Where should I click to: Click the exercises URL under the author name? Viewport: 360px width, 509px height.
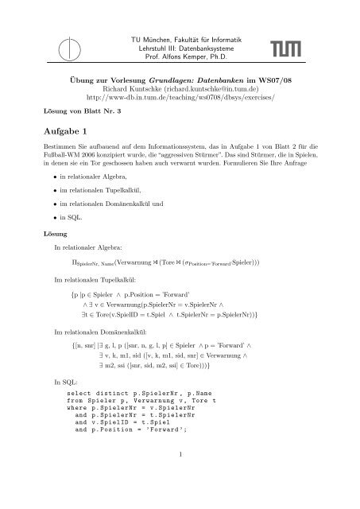click(180, 100)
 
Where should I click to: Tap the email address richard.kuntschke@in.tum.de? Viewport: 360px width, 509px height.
click(241, 90)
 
